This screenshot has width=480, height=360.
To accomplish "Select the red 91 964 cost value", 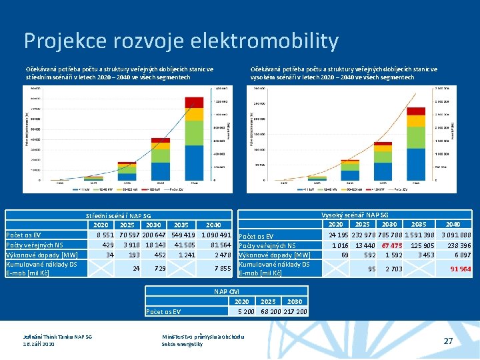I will [x=460, y=269].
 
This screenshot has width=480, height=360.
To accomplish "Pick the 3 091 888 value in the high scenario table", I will [x=455, y=235].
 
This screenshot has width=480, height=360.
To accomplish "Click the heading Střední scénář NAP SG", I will [x=119, y=215].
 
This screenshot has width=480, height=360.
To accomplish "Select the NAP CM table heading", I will [x=227, y=292].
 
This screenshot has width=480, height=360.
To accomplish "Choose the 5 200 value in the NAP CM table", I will [x=246, y=311].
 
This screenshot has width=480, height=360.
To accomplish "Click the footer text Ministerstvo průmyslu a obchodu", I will [x=203, y=336].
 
